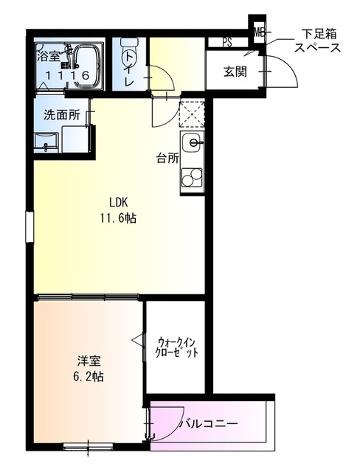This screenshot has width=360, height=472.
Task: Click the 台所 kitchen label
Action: point(166,157)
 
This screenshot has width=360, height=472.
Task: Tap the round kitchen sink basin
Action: point(193,143)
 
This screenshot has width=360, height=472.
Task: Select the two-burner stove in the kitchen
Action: point(193,177)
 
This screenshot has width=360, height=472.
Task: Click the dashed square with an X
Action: point(193,115)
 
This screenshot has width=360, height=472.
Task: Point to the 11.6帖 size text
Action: point(117,218)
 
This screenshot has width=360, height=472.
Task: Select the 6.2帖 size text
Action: point(89,376)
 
